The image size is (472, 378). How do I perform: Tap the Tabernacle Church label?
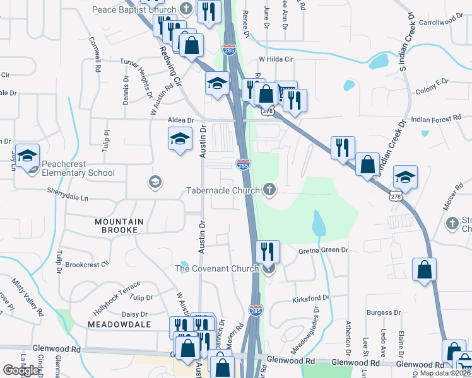coord(223,190)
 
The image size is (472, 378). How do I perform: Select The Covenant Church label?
coord(216,269)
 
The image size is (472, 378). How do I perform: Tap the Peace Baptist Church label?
coord(135,9)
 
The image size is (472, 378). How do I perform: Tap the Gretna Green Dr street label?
coord(323,250)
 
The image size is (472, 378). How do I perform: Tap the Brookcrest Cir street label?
coord(87,265)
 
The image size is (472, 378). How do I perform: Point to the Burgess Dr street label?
coord(384,312)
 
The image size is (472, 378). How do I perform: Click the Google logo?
coord(21,370)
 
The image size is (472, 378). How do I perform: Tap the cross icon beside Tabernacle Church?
coord(269,189)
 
